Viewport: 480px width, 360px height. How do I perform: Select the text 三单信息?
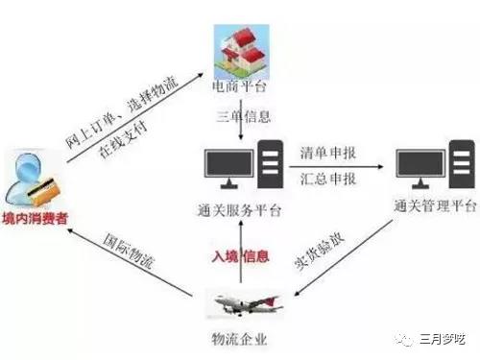click(x=241, y=118)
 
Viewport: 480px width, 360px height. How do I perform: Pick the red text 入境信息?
click(x=241, y=256)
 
